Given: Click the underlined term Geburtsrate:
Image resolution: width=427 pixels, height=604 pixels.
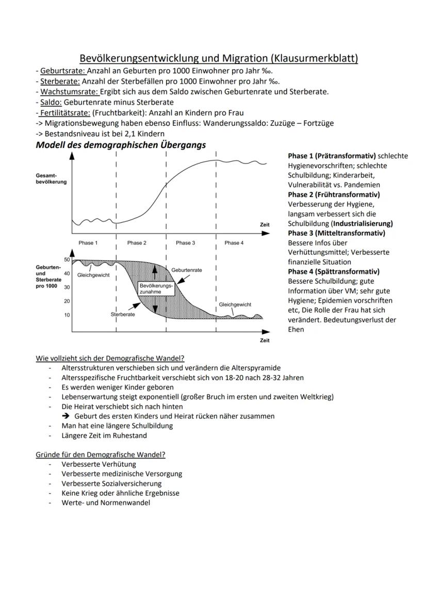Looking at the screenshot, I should pos(60,71).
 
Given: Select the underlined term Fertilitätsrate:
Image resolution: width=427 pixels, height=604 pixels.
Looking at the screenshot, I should pos(65,112).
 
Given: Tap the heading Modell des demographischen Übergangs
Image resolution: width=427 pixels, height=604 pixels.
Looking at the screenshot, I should pos(120,145).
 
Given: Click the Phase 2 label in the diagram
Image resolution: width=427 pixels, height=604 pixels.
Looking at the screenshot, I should pos(137,243).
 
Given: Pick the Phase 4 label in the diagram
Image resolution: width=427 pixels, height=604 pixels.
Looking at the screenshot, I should pos(234,243).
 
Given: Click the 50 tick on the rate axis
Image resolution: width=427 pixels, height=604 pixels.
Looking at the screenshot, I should pos(67,260).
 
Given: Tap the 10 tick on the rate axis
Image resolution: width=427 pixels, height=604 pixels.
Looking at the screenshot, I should pos(67,315).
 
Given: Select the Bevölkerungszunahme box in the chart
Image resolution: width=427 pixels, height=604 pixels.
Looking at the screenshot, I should pos(156,288).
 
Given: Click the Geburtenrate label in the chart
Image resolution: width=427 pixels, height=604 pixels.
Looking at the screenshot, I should pos(186,270).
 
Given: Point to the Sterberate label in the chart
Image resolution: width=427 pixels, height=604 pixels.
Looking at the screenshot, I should pos(123,314).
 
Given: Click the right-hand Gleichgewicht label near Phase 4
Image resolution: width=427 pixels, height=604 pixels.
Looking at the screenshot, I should pos(235,305).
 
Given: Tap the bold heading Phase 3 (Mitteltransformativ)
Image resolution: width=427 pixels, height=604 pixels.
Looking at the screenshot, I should pos(336,233).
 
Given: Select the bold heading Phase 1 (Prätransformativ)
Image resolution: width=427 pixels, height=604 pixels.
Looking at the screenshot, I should pos(332,156).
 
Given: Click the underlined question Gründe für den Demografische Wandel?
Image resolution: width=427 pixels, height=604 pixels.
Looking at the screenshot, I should pos(100,454).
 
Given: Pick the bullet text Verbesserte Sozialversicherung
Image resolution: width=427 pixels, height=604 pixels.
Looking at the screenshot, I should pos(111,483).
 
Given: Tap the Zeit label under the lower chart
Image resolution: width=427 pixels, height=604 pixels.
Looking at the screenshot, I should pos(265,340).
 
